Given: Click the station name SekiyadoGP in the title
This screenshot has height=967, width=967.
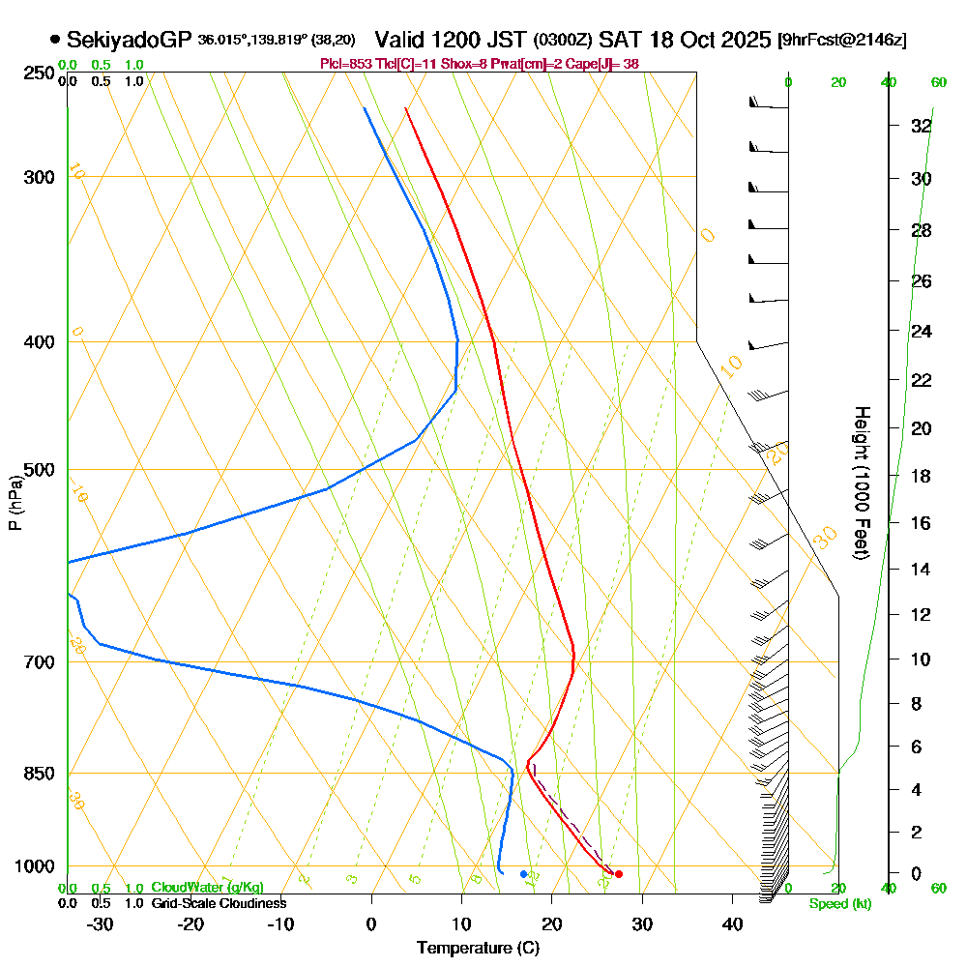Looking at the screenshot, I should click(130, 40).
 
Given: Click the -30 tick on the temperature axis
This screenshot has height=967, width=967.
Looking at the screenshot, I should click(101, 924).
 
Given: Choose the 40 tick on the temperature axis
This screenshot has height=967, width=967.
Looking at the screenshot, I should click(732, 924).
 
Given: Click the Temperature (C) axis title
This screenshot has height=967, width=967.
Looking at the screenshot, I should click(478, 949).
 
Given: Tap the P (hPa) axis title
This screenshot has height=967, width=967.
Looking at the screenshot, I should click(15, 502).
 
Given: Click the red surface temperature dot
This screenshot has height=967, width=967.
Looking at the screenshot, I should click(619, 874).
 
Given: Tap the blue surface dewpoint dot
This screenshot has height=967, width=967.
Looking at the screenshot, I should click(523, 874).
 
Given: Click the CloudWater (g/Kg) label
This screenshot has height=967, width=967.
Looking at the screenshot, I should click(207, 888).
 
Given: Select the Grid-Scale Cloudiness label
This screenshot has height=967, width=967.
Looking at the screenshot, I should click(219, 903).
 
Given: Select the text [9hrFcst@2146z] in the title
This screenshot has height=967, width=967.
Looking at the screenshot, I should click(841, 41).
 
